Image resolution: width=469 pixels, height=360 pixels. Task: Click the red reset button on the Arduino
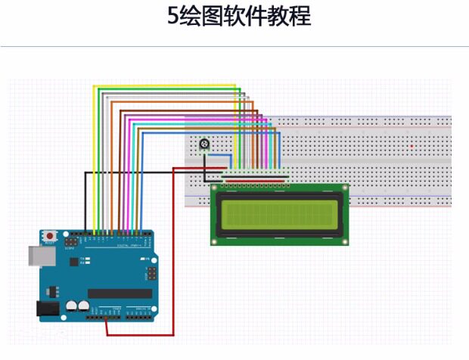(49, 236)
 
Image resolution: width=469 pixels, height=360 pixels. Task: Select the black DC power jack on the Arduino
(47, 309)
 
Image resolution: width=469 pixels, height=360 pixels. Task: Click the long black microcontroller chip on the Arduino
(119, 293)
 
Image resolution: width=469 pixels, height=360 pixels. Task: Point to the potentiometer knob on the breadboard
(203, 145)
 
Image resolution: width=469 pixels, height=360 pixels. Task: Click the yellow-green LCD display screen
(279, 214)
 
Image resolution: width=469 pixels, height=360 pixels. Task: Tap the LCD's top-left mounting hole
(215, 187)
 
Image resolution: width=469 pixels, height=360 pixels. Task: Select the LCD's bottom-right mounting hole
(345, 241)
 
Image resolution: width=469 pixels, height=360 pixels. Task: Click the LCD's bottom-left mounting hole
(215, 241)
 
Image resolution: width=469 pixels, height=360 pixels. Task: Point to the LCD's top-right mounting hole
(345, 187)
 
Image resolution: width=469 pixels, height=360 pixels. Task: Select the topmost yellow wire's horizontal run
(166, 85)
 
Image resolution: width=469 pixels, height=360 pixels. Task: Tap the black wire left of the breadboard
(136, 172)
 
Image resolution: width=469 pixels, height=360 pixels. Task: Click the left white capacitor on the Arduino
(70, 306)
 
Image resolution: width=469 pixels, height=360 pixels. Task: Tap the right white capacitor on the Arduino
(82, 306)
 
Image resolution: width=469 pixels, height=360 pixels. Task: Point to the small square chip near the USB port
(73, 261)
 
